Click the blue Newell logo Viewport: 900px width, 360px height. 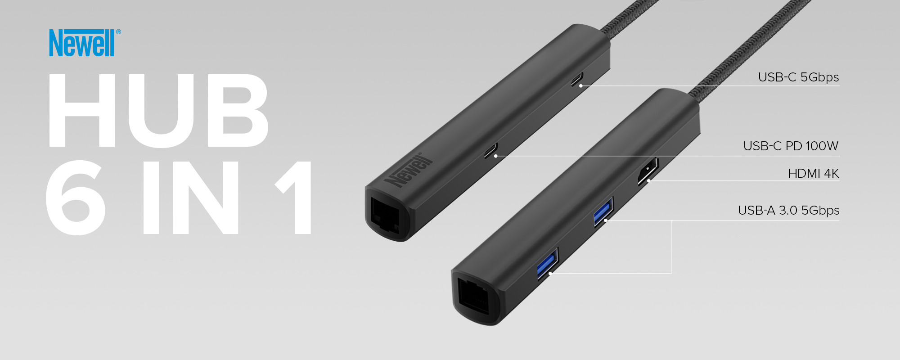82,43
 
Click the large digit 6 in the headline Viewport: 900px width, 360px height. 76,198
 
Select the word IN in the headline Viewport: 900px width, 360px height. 190,198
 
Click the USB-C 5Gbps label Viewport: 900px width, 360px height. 798,77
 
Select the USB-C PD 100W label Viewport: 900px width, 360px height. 791,146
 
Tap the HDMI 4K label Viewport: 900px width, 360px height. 813,174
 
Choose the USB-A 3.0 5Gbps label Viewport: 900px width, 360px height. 788,211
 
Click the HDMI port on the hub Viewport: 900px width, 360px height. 648,171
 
